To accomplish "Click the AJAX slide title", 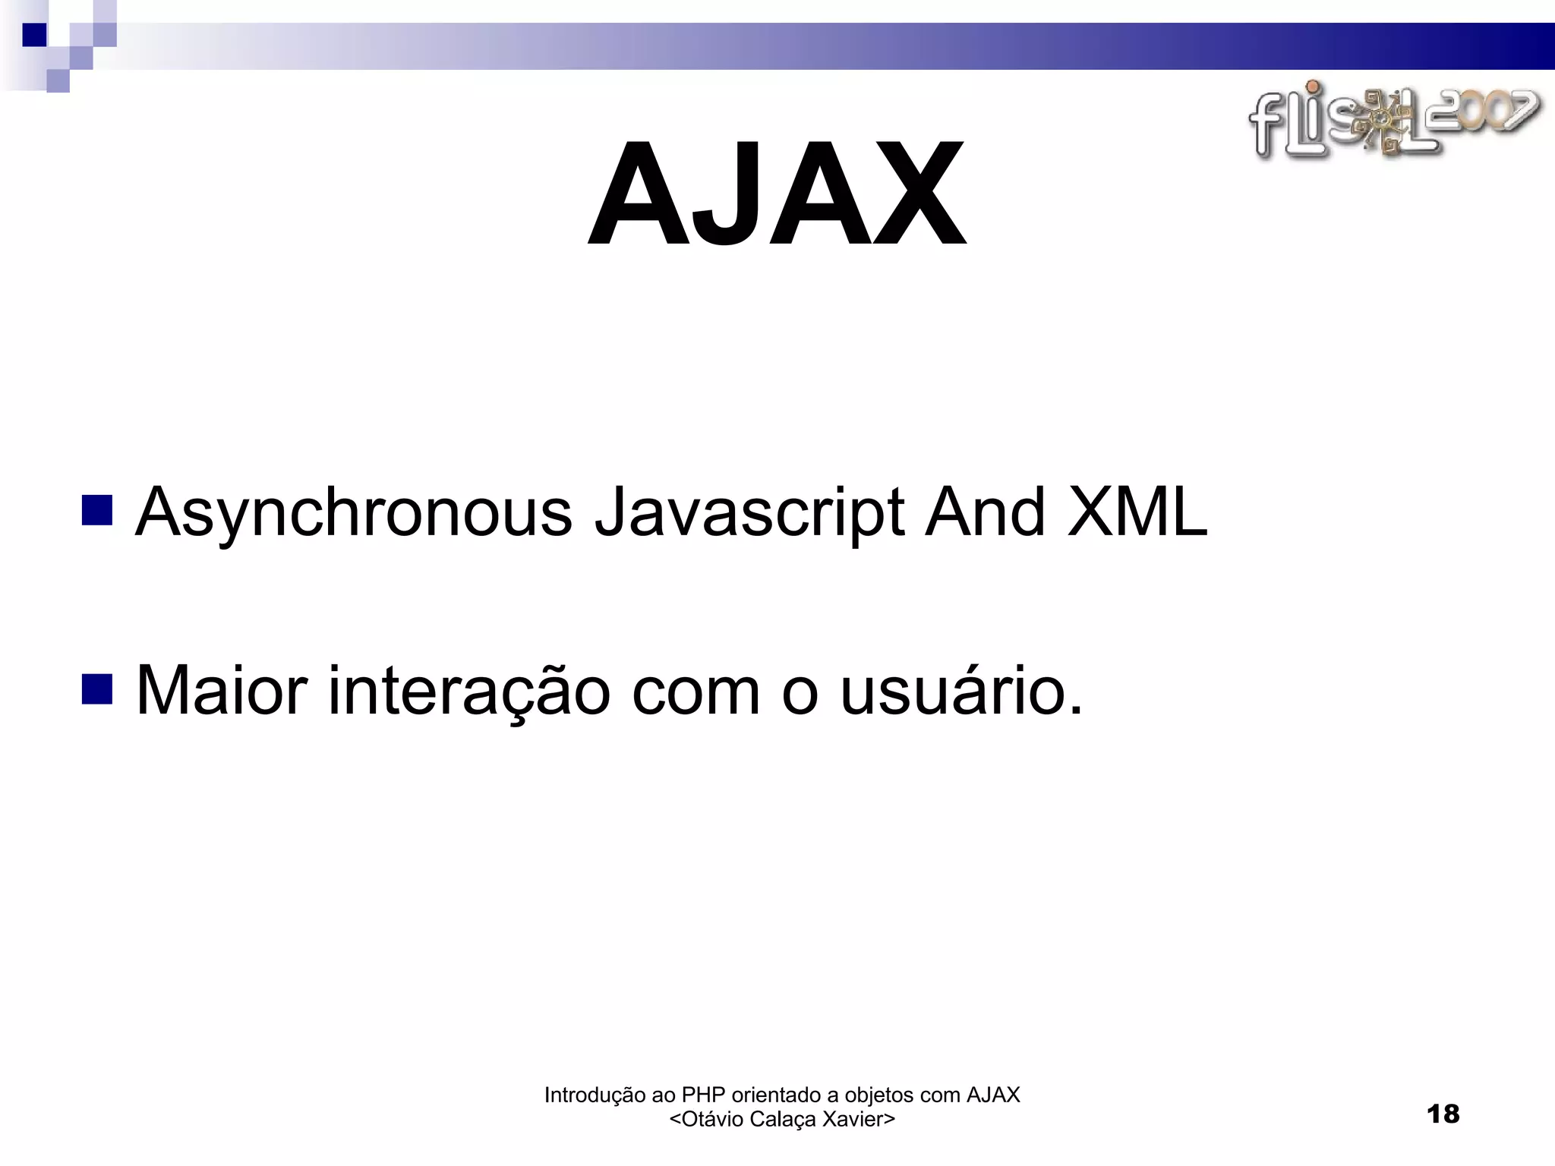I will coord(777,195).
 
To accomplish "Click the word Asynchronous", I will coord(353,514).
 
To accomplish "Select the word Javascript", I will coord(749,514).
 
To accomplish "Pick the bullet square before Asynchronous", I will coord(96,511).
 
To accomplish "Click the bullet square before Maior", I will coord(96,689).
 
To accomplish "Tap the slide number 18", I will coord(1443,1114).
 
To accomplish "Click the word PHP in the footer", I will coord(703,1095).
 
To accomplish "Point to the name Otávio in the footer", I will coord(712,1120).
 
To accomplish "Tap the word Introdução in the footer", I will coord(595,1095).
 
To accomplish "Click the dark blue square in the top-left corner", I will coord(34,35).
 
